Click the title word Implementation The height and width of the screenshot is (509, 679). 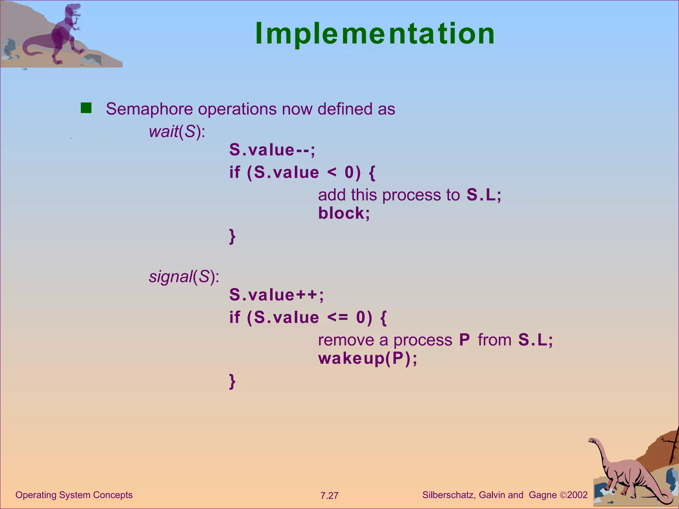(375, 34)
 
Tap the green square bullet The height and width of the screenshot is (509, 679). (86, 108)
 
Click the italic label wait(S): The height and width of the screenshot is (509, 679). (177, 132)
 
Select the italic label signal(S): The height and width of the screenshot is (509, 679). (184, 276)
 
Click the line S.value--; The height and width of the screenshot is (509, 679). (272, 150)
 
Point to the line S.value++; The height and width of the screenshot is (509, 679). (276, 295)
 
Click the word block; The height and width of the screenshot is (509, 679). (344, 213)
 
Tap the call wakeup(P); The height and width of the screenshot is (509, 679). (367, 358)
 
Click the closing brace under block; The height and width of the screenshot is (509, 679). (232, 236)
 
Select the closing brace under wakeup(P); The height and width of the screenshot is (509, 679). (232, 381)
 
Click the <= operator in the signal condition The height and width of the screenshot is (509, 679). (338, 317)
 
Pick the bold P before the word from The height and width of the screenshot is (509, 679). (464, 340)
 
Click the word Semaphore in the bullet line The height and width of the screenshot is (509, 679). (149, 109)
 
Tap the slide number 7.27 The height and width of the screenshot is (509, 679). (329, 496)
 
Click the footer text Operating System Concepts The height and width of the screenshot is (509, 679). (74, 495)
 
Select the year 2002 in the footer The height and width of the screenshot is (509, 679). (577, 495)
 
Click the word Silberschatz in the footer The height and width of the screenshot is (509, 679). (449, 495)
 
